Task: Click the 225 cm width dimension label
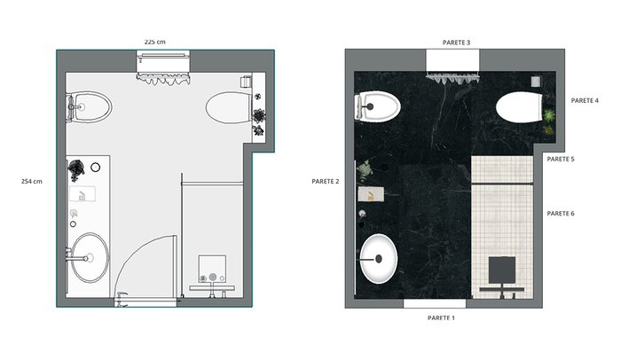tap(155, 42)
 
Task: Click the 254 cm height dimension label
tap(32, 182)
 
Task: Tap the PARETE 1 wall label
tap(441, 317)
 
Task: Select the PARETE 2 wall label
tap(326, 182)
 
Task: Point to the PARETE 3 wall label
tap(456, 43)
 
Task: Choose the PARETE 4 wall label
tap(585, 100)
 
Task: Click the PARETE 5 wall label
tap(561, 159)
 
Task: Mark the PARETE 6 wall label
tap(561, 214)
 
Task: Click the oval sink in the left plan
tap(90, 258)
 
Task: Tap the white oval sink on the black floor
tap(379, 259)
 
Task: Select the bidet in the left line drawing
tap(90, 107)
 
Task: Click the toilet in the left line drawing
tap(229, 107)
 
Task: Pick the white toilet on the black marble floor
tap(519, 107)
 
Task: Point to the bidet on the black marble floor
tap(378, 106)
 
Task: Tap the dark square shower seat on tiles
tap(502, 270)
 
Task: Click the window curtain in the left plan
tap(163, 78)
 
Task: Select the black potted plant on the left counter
tap(76, 168)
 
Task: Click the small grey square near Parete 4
tap(536, 82)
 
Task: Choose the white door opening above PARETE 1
tap(435, 304)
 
